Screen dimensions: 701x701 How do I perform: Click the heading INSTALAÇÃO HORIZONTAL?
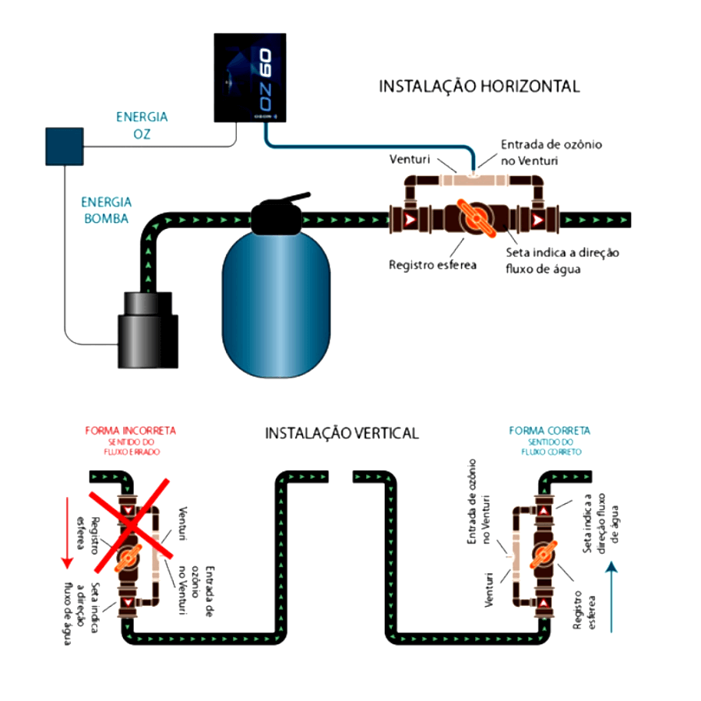(479, 86)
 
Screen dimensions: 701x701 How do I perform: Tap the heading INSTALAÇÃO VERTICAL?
(342, 433)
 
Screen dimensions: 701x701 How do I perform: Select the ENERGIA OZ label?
(141, 125)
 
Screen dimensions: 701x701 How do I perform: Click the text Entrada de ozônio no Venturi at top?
(551, 151)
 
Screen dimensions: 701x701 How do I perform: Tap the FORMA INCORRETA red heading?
(131, 431)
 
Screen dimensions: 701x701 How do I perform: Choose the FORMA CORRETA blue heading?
(549, 431)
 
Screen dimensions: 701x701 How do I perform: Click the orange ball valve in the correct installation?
(542, 554)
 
